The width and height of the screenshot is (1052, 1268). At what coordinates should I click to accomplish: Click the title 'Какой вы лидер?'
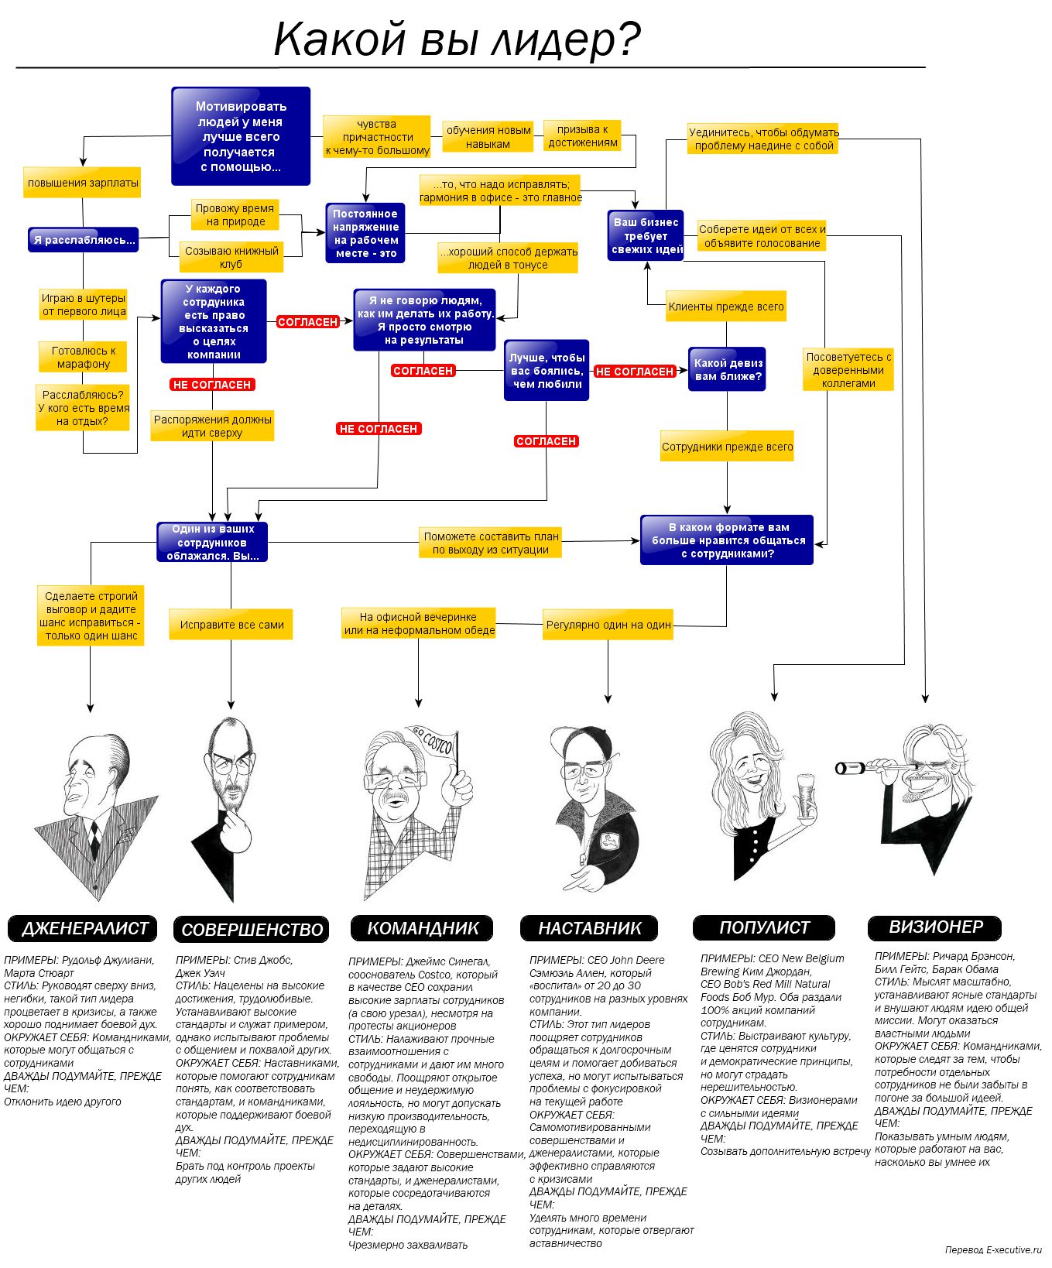457,39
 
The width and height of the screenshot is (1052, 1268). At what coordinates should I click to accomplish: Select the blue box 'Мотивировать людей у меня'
241,136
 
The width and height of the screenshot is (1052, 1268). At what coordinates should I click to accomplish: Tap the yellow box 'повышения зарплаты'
82,183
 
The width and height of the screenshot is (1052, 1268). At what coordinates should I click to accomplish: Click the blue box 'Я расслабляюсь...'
84,240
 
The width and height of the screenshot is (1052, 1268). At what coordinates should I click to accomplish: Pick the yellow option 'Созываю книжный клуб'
231,257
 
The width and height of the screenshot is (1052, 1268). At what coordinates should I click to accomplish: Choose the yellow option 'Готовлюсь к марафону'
83,357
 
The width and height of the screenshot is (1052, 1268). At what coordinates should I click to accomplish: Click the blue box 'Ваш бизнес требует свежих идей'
646,235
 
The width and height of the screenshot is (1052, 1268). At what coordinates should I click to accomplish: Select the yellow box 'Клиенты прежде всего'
726,307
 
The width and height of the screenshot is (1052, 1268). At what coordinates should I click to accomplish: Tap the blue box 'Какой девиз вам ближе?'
727,369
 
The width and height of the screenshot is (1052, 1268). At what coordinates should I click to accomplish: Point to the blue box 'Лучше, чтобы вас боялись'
547,370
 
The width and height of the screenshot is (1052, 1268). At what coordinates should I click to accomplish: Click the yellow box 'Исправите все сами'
231,625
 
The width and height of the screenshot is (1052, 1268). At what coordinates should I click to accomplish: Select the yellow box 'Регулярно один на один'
608,625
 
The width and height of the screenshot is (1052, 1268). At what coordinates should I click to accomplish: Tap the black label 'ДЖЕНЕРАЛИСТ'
82,928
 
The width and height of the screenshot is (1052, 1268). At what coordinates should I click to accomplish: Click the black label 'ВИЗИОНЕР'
934,927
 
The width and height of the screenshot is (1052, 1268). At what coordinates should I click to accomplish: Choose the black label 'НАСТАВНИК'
589,928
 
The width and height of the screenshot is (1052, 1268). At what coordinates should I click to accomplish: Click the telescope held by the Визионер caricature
875,767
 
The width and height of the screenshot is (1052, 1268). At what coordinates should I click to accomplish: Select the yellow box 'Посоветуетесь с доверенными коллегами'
848,370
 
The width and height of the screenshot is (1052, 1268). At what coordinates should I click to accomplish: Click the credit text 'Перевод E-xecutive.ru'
993,1249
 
